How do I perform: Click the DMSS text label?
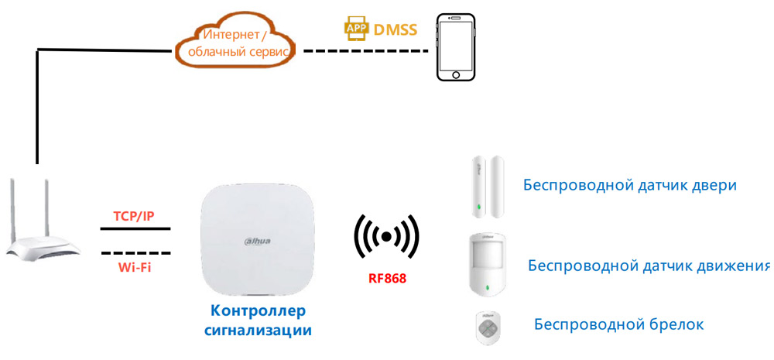coord(395,30)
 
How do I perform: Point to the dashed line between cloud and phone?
coord(364,51)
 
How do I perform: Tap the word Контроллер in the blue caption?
coord(258,311)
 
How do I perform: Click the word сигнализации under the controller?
coord(258,331)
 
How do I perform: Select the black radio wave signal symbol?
coord(386,235)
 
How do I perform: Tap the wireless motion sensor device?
coord(488,263)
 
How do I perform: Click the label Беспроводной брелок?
coord(618,324)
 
